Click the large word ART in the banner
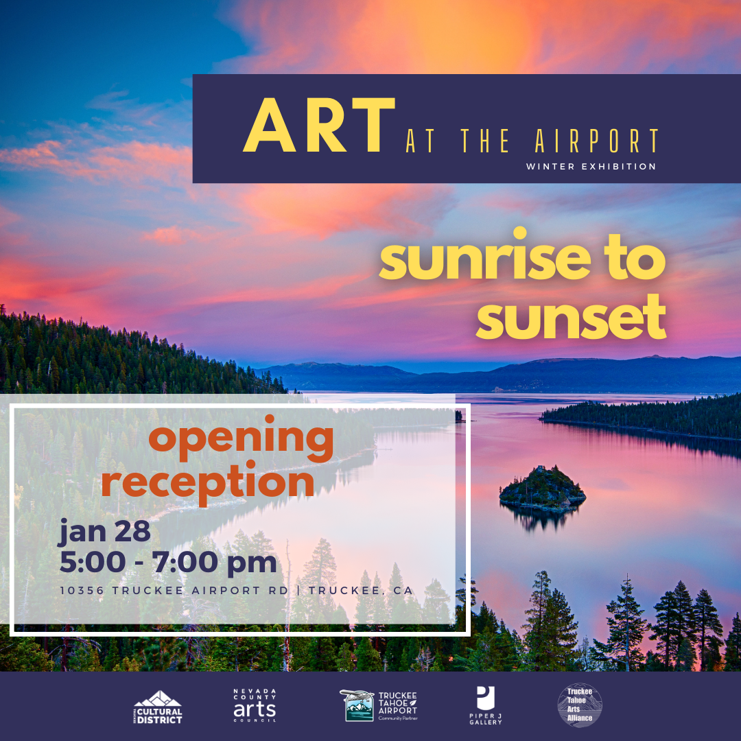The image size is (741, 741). (x=320, y=126)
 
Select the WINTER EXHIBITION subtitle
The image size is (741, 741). (x=591, y=167)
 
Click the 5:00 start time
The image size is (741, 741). (x=93, y=563)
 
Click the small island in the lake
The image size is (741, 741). (x=542, y=489)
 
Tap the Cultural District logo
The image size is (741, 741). (x=158, y=707)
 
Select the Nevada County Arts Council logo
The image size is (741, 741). (x=255, y=705)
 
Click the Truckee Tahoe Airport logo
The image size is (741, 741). (x=379, y=705)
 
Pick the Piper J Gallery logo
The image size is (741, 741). (x=486, y=705)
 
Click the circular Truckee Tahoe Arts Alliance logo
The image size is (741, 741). (x=580, y=705)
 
